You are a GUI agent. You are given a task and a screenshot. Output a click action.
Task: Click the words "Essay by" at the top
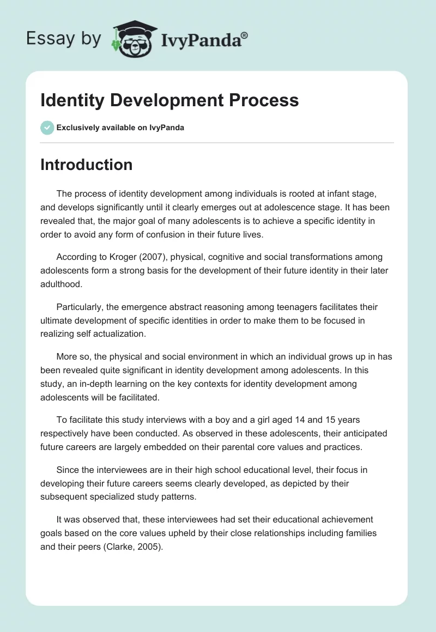pyautogui.click(x=64, y=39)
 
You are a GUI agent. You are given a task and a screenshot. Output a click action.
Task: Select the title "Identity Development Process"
pyautogui.click(x=169, y=100)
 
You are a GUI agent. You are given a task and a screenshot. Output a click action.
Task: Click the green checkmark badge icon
pyautogui.click(x=47, y=127)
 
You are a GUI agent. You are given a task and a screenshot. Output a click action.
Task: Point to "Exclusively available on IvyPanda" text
pyautogui.click(x=120, y=127)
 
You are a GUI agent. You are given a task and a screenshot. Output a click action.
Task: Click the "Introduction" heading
pyautogui.click(x=86, y=165)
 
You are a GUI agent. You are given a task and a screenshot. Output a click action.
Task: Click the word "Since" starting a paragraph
pyautogui.click(x=68, y=469)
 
